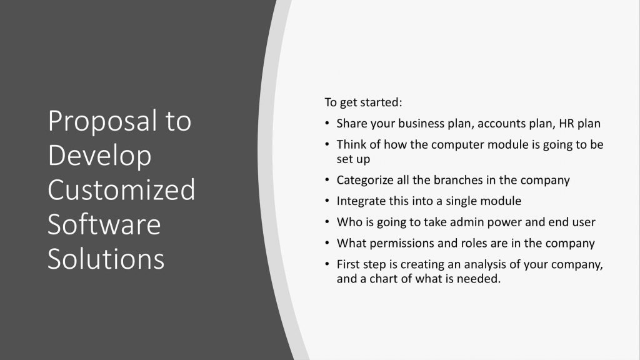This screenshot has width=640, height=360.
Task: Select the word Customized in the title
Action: (122, 189)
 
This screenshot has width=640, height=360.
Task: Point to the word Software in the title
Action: (104, 224)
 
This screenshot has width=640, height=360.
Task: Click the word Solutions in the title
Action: (106, 259)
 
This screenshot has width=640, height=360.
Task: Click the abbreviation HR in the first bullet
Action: (567, 123)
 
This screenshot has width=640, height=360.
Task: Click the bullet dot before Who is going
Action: (327, 222)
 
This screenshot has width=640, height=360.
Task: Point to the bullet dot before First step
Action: (327, 264)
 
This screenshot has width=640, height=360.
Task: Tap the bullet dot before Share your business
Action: (327, 123)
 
